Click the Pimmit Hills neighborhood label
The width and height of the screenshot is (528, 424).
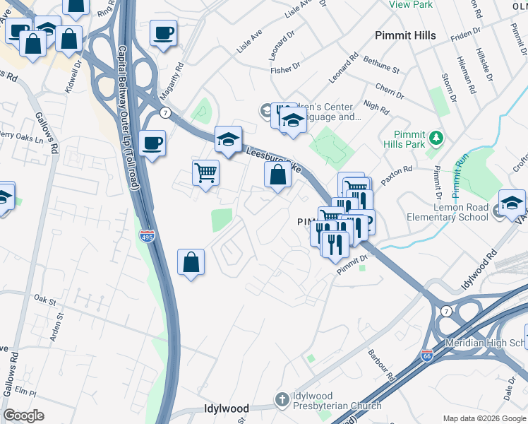pos(405,35)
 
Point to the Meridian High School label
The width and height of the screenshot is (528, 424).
pos(486,343)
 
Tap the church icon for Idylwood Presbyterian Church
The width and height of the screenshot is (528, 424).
pos(282,400)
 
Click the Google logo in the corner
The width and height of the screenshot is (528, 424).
pos(23,416)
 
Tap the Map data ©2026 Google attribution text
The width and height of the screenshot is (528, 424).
pos(484,418)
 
